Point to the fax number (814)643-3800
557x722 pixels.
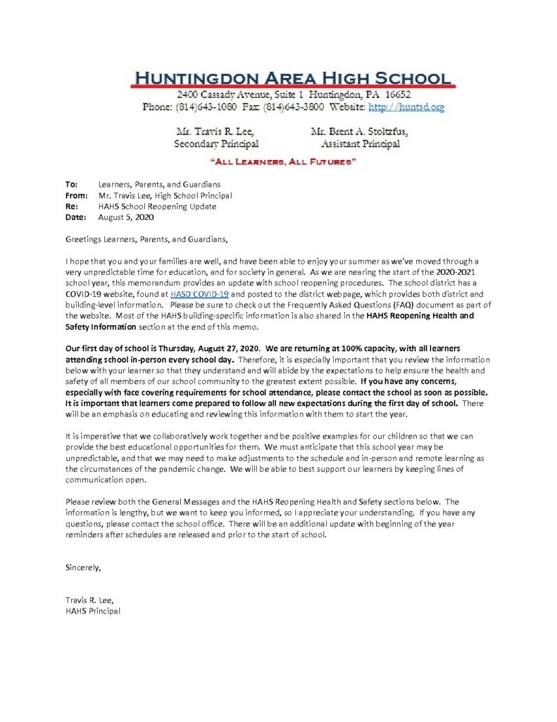[294, 107]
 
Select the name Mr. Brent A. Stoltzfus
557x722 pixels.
[358, 132]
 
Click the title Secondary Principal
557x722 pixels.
[215, 144]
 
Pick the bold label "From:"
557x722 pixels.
[76, 195]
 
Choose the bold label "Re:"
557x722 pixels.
[70, 207]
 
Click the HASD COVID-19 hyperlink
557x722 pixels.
[195, 293]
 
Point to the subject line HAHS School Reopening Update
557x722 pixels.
[158, 207]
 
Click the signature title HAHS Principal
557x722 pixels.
[92, 611]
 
